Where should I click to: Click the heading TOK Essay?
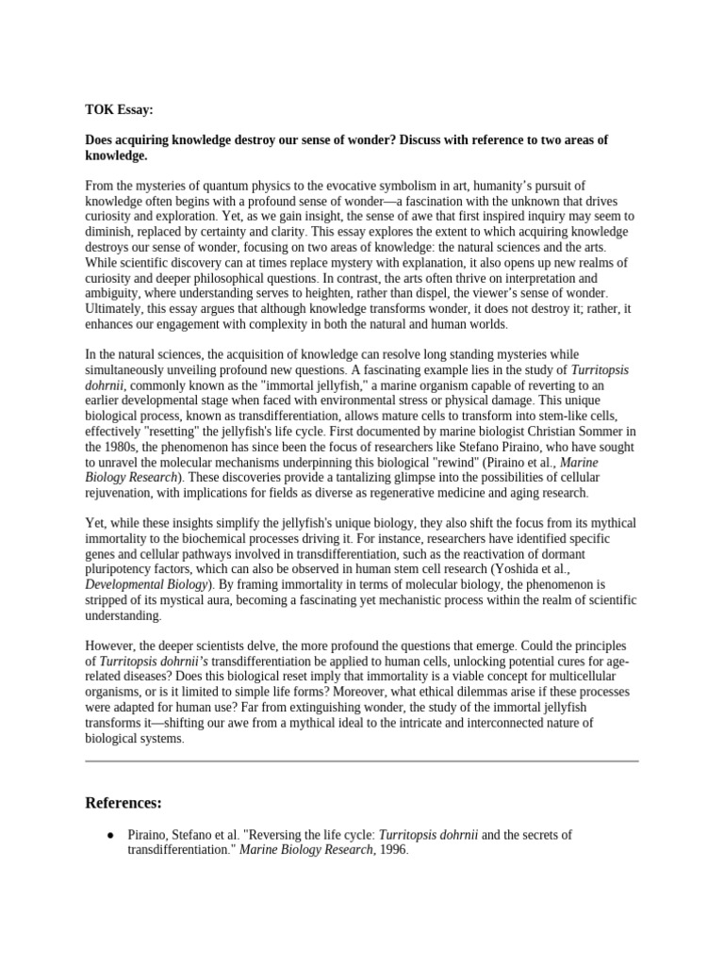point(120,108)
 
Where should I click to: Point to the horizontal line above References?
point(362,760)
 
